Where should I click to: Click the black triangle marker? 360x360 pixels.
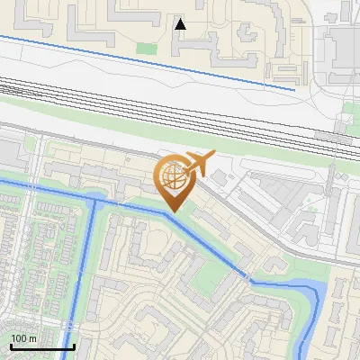181,23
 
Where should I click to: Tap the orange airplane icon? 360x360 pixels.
198,164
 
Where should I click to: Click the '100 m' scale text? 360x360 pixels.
23,338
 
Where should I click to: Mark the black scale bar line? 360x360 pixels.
41,347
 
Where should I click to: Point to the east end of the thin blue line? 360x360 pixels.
294,89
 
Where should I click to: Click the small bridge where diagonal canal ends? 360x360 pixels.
246,276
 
